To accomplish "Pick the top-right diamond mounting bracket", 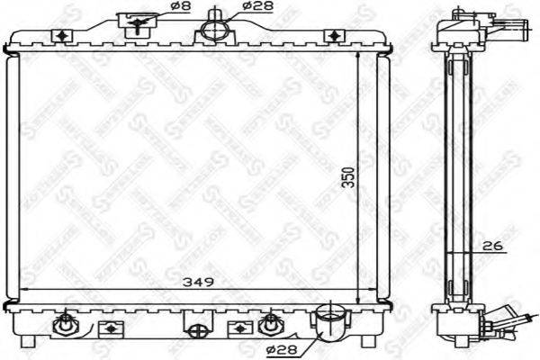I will [334, 35].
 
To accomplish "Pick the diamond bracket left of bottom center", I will [111, 326].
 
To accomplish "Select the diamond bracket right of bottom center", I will [238, 326].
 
